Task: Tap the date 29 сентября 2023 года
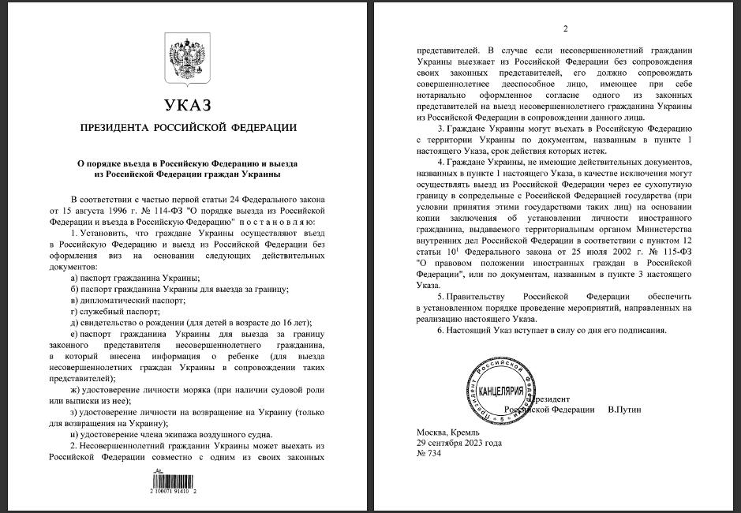[x=459, y=444]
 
